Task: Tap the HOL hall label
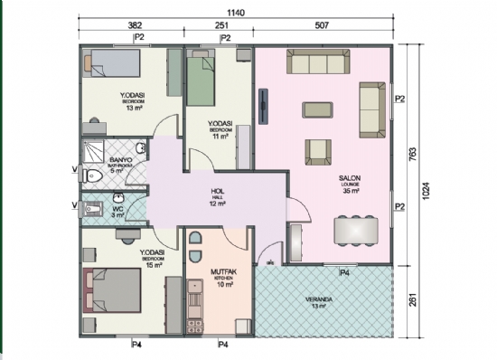pos(217,192)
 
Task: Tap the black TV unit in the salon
pos(261,106)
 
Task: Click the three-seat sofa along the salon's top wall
pos(317,62)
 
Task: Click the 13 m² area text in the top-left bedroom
pos(135,108)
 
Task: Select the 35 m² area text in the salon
pos(351,192)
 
